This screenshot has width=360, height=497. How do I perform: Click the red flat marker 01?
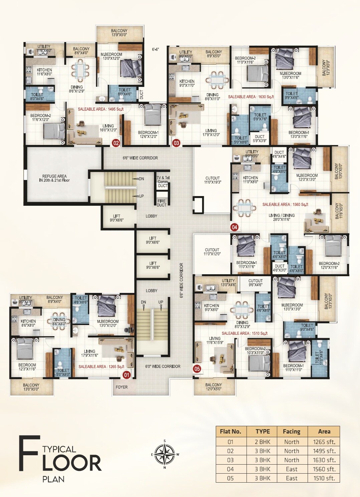tap(127, 375)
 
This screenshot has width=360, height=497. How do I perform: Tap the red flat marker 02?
tap(116, 143)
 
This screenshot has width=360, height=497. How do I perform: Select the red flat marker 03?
tap(176, 143)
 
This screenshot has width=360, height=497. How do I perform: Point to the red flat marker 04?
tap(234, 227)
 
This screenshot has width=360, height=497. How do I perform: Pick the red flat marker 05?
tap(197, 369)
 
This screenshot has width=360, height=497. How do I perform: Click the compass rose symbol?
tap(165, 454)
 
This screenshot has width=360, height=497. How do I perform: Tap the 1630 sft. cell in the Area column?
tap(324, 460)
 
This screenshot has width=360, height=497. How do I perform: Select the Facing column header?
tap(292, 431)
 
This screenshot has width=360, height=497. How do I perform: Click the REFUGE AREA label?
tap(54, 178)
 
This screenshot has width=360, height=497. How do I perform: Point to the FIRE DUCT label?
tap(162, 203)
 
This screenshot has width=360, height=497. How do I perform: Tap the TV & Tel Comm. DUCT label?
tap(163, 182)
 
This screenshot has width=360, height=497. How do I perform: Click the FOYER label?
tap(122, 387)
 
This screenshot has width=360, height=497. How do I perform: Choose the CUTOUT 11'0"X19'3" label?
tap(212, 180)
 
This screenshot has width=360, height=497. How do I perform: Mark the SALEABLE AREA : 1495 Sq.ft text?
tap(101, 109)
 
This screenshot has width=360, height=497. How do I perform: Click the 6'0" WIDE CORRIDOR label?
tap(163, 366)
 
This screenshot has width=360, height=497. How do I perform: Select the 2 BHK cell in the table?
tap(262, 442)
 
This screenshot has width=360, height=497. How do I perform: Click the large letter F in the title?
tap(29, 453)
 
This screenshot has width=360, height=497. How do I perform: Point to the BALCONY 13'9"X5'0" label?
tap(119, 32)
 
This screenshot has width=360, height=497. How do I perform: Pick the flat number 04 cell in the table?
tap(230, 469)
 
